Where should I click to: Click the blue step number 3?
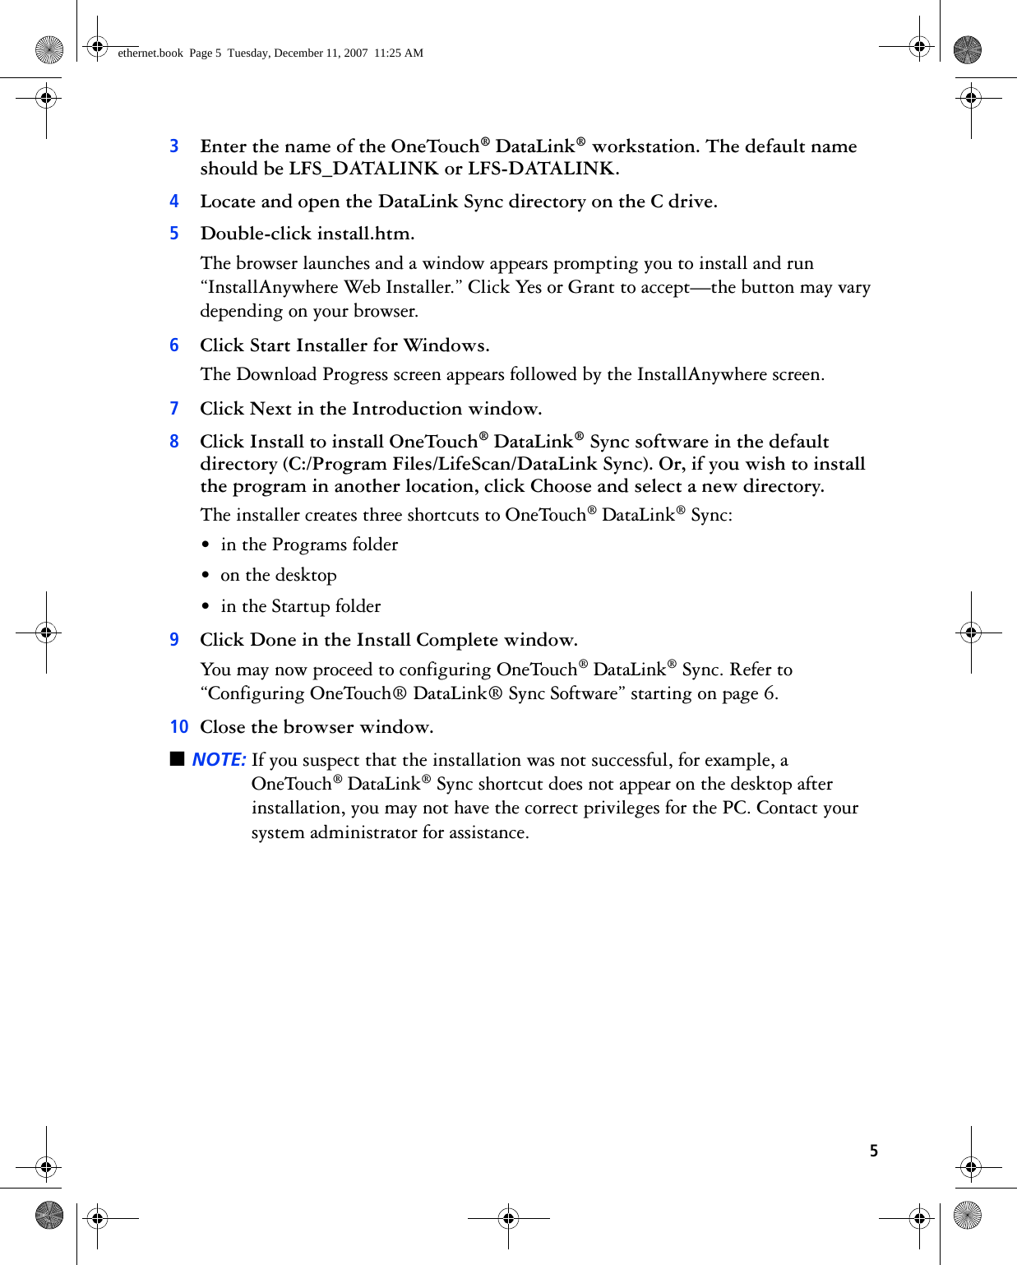pos(174,146)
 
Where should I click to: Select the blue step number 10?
pos(179,727)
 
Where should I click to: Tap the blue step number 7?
pos(174,409)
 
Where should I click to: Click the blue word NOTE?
pos(219,760)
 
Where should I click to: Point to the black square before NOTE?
pos(178,758)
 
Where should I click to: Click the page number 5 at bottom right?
pos(874,1151)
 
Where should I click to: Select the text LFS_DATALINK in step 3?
pos(363,169)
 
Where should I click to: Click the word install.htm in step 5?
pos(365,234)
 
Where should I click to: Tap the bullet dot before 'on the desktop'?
pos(206,576)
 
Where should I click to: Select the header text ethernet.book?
pos(150,53)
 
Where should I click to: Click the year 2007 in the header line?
pos(355,53)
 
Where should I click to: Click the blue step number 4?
pos(174,202)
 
